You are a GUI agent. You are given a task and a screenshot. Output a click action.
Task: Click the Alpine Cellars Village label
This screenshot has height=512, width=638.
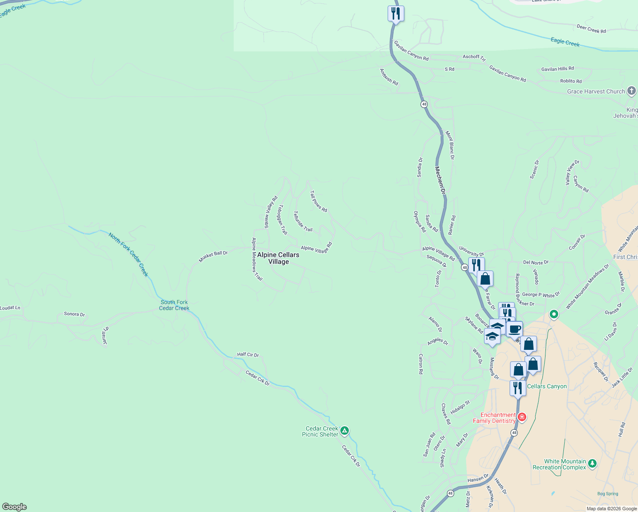(x=278, y=258)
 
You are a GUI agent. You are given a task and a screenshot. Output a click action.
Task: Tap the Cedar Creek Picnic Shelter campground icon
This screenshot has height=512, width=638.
(x=345, y=431)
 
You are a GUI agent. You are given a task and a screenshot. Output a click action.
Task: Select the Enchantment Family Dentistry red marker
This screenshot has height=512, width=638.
(x=522, y=416)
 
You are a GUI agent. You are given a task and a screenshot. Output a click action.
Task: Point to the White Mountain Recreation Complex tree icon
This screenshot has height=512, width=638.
(x=592, y=463)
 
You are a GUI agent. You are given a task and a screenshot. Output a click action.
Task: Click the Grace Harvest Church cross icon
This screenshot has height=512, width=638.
(x=632, y=91)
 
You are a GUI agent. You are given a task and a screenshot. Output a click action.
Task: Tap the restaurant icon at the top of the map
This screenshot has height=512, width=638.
(x=396, y=14)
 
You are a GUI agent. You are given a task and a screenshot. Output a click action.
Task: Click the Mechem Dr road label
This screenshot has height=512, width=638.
(x=440, y=180)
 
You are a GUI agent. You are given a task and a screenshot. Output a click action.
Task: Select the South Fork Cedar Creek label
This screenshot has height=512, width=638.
(x=174, y=305)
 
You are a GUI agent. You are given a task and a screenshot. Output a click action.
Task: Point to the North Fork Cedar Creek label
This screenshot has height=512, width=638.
(x=128, y=254)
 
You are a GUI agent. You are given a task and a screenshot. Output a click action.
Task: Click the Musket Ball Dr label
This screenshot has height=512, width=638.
(x=213, y=256)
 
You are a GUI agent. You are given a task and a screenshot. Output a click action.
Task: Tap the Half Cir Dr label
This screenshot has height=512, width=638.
(x=248, y=355)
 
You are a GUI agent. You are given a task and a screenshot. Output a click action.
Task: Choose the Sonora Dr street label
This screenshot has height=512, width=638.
(x=74, y=314)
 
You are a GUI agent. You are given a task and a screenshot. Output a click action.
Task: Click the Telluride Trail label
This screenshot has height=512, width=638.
(x=303, y=221)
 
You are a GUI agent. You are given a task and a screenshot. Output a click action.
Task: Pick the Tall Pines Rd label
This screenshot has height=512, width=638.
(x=319, y=201)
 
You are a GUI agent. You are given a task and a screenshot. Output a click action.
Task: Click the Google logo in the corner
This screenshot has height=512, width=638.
(x=14, y=507)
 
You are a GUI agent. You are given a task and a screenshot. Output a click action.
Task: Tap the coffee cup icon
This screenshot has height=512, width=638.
(x=515, y=329)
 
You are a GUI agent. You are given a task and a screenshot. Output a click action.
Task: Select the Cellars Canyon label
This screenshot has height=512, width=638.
(x=547, y=386)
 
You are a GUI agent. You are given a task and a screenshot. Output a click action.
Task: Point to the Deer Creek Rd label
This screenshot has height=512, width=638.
(x=591, y=29)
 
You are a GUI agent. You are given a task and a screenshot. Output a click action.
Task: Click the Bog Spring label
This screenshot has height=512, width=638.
(x=608, y=494)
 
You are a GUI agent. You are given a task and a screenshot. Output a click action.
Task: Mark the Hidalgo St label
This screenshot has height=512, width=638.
(x=460, y=407)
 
